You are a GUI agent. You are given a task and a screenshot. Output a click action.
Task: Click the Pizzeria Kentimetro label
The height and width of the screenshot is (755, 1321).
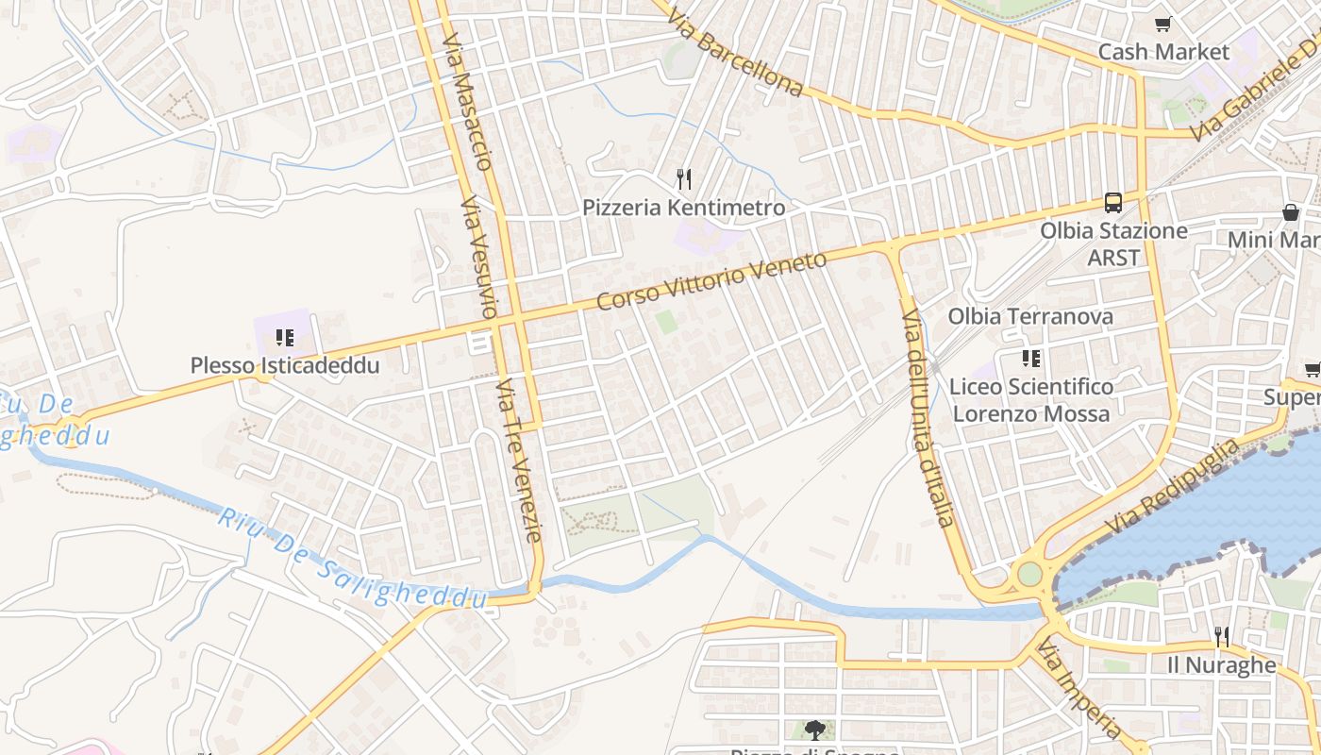(x=683, y=208)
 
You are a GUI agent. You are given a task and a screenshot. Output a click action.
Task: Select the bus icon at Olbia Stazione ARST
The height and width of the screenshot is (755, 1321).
(x=1113, y=203)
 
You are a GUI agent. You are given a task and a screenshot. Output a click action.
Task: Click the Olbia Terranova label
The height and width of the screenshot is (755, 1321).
(x=1030, y=316)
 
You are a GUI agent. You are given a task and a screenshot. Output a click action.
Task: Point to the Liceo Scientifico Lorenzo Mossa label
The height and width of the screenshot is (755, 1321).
(x=1031, y=400)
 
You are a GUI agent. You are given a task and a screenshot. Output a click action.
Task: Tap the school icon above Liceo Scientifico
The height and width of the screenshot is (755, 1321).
(x=1031, y=359)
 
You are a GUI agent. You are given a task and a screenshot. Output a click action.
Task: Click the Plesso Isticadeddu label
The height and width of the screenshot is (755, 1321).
(x=285, y=365)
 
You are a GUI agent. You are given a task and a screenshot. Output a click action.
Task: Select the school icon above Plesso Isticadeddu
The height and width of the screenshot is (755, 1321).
(x=285, y=337)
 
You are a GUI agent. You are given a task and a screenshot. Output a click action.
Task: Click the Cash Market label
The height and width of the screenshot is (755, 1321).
(x=1164, y=52)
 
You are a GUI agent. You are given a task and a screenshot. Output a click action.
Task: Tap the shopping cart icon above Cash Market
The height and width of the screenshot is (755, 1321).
(x=1163, y=25)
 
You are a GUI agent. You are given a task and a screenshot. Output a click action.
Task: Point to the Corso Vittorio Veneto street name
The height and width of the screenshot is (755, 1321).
(x=712, y=281)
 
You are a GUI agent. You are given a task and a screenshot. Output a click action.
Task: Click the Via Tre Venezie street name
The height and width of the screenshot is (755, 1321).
(x=520, y=461)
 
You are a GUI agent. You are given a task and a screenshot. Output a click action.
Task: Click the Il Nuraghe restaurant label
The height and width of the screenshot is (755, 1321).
(x=1221, y=664)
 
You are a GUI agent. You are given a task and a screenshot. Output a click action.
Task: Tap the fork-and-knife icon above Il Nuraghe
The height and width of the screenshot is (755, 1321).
(x=1222, y=636)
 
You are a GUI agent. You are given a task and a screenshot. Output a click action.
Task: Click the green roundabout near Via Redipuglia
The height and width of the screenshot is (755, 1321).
(x=1029, y=574)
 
